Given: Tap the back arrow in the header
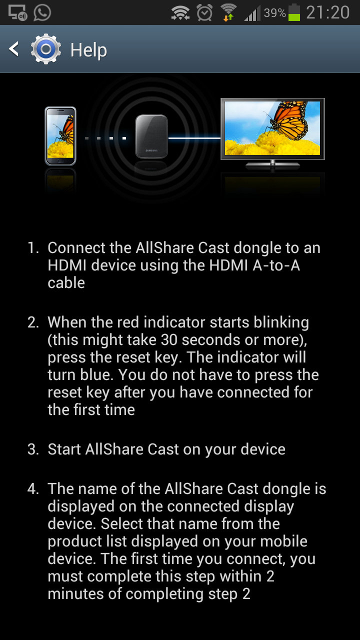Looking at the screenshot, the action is [x=13, y=49].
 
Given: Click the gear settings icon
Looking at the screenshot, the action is [x=45, y=49].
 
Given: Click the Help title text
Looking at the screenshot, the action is [x=88, y=50].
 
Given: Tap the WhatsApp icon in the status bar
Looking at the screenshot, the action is [x=42, y=12].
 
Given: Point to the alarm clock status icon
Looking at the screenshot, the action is [x=204, y=12].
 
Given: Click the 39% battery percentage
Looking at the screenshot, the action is [x=274, y=13].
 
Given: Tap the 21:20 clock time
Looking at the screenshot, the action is [x=327, y=12].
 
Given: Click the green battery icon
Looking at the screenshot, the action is [x=294, y=12].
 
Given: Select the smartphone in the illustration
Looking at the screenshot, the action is [x=60, y=136].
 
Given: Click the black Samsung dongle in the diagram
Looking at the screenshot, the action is [x=151, y=136].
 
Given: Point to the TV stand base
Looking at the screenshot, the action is [x=272, y=164].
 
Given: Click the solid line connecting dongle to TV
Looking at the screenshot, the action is [x=194, y=138].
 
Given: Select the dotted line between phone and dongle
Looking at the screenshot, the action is [x=105, y=138].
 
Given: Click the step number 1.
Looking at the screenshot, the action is [x=33, y=247].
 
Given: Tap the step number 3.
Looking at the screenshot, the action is [x=33, y=449].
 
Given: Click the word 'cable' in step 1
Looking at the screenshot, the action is [x=66, y=283].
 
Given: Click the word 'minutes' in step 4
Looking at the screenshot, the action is [x=75, y=593].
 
